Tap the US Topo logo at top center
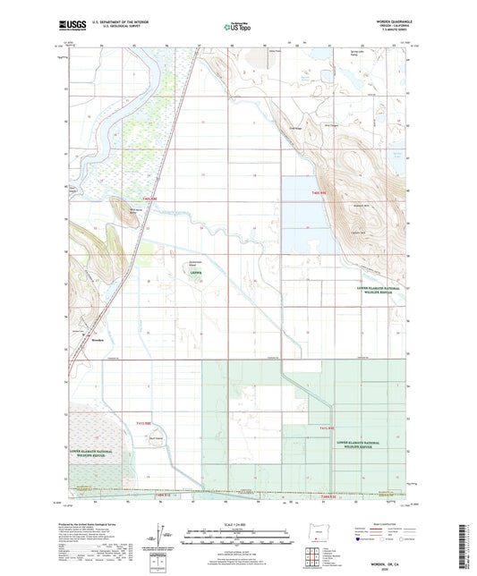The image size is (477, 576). (x=238, y=28)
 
